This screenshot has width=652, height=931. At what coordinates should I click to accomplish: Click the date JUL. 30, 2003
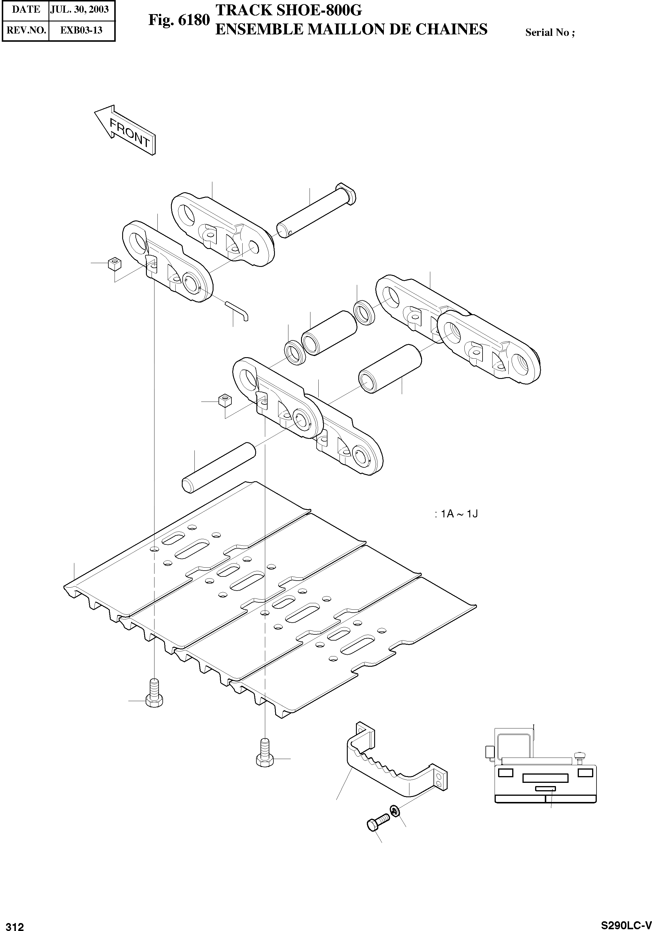click(79, 10)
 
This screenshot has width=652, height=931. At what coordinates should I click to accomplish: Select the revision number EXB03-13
click(81, 30)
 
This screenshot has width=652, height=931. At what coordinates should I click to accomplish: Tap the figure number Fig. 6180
click(179, 20)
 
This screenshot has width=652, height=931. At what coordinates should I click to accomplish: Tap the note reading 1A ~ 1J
click(456, 514)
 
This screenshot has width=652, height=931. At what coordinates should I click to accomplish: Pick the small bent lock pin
click(238, 311)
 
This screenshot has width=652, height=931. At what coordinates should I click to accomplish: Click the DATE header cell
click(26, 10)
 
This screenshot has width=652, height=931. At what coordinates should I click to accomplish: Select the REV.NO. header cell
click(26, 30)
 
